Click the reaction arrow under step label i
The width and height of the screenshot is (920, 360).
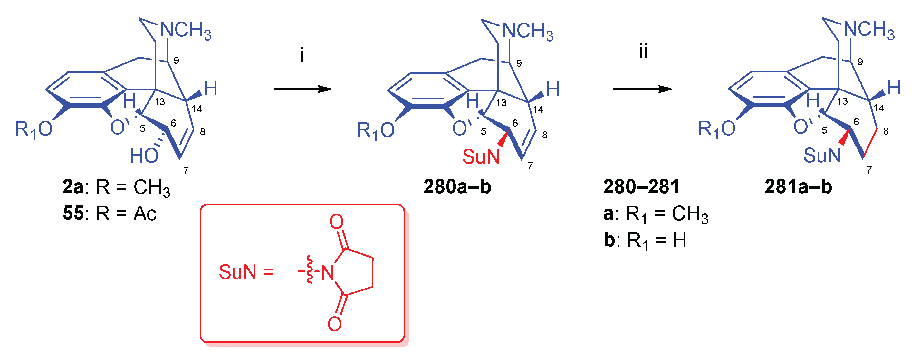302,89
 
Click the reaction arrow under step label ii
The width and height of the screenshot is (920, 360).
642,89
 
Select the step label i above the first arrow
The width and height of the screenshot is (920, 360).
302,55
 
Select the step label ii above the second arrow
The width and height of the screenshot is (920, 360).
643,52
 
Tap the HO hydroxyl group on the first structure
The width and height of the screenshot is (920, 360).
144,156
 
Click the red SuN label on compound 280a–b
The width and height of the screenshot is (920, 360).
481,157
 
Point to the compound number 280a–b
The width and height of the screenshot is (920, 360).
457,187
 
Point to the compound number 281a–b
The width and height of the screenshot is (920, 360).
798,187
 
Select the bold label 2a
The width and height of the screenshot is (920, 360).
73,187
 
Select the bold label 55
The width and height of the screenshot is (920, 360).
73,213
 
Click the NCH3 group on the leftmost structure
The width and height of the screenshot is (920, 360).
186,30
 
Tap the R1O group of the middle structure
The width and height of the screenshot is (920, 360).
376,130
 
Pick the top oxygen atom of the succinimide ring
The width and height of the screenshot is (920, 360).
336,222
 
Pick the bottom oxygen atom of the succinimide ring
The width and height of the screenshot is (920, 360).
335,324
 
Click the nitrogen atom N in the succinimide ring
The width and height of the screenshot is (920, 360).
328,273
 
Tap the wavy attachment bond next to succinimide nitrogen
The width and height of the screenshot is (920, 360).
309,270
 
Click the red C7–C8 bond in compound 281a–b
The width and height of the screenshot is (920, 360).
870,143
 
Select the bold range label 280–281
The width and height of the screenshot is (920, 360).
641,187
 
